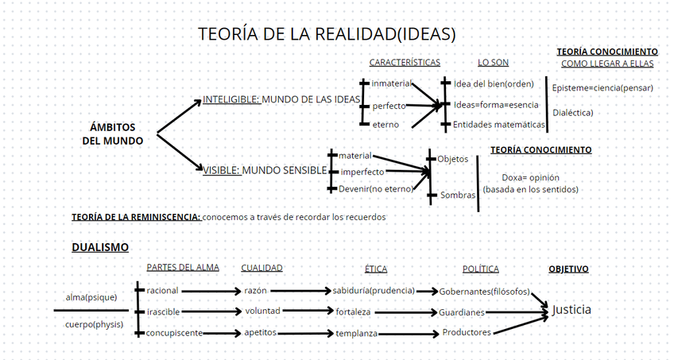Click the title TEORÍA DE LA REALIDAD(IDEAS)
(327, 35)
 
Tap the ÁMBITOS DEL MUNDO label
(113, 134)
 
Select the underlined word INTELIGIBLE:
(231, 99)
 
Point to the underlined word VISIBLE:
(222, 170)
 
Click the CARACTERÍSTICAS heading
(404, 63)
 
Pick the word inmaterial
(391, 83)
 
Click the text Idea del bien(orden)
(493, 83)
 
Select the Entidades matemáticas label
(498, 125)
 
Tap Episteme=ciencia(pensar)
(602, 87)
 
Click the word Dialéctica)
(573, 113)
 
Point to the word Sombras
(458, 195)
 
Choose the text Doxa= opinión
(531, 177)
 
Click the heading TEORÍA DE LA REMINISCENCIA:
(136, 216)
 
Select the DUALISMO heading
(100, 247)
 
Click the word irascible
(163, 311)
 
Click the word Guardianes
(462, 312)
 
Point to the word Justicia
(571, 309)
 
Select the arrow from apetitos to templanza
(305, 333)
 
